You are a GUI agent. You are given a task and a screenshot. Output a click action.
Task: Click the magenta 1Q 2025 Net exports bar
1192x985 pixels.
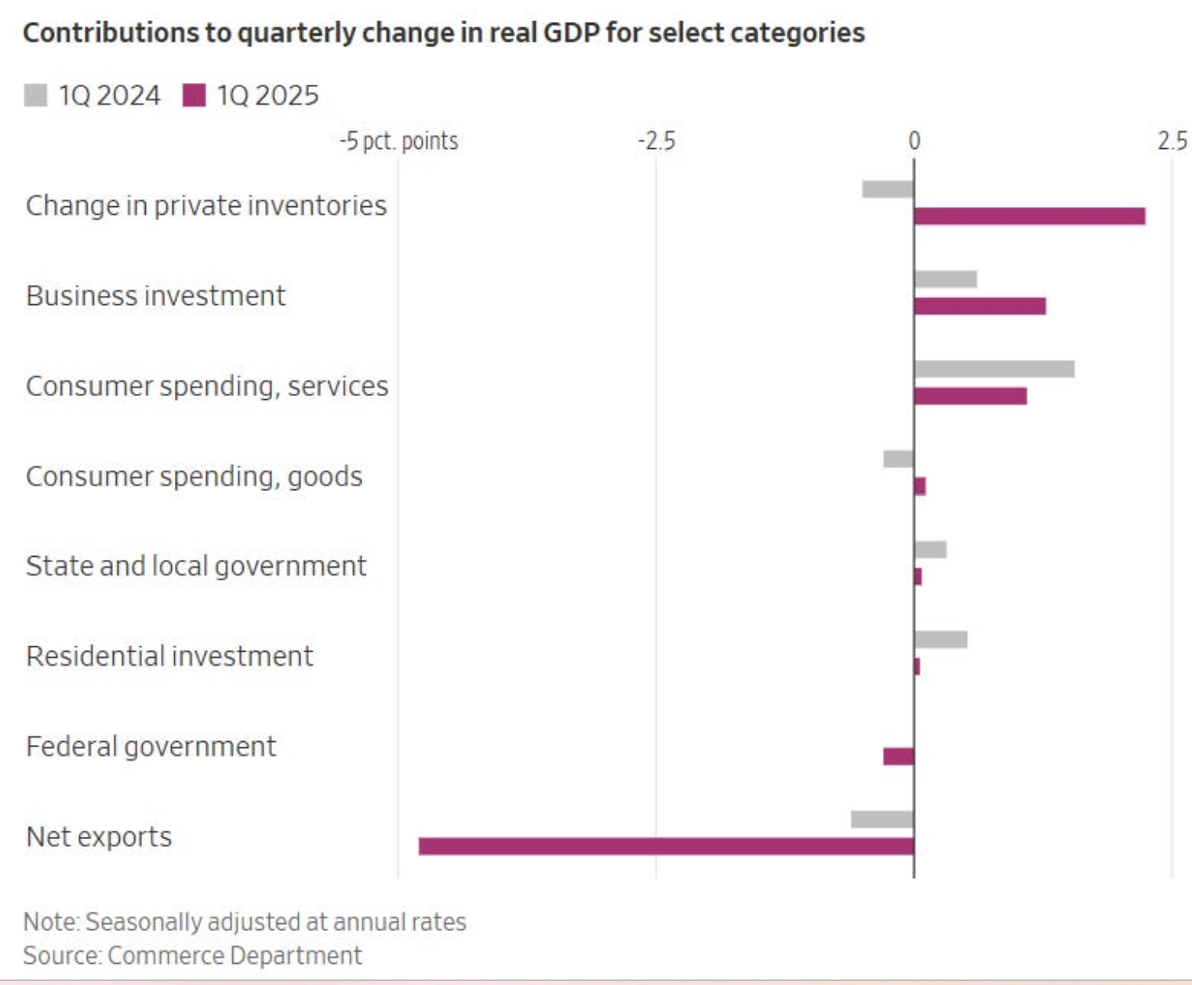point(666,846)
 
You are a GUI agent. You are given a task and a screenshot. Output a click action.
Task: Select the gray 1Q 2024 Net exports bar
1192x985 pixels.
point(882,820)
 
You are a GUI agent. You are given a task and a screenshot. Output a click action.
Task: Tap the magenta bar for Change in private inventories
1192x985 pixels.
point(1029,216)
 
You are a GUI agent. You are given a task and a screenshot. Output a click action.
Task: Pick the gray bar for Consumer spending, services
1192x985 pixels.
point(994,369)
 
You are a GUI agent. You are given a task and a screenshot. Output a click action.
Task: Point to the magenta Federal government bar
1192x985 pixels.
point(898,756)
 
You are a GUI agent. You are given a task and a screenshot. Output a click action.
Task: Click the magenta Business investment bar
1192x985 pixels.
point(979,306)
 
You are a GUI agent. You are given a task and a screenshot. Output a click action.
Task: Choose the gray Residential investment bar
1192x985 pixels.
point(940,640)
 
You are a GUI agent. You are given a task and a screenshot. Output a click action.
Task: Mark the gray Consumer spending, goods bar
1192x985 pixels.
point(898,460)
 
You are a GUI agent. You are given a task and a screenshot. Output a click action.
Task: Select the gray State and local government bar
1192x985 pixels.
point(930,550)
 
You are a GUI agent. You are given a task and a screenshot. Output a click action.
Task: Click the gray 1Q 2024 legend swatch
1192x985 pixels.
point(35,96)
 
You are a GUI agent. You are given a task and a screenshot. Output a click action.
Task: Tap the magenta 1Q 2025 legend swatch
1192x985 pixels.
point(194,96)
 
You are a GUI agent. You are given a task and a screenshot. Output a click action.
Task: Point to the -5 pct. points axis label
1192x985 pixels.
point(398,141)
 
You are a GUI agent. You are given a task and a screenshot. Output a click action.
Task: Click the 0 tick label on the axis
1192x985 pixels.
point(914,141)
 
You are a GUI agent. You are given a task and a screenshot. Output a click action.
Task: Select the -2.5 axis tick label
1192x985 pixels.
point(656,141)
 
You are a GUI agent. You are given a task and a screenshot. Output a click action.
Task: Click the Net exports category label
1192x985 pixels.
point(99,837)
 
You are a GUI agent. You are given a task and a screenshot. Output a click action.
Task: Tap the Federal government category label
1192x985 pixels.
point(151,747)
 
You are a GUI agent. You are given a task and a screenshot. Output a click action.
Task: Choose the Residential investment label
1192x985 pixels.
point(169,656)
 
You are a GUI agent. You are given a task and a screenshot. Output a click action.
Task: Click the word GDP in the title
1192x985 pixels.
point(563,33)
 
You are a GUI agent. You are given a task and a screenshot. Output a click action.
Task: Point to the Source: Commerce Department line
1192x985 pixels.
point(192,955)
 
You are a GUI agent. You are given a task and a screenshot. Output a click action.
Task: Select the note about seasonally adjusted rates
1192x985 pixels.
point(245,921)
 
